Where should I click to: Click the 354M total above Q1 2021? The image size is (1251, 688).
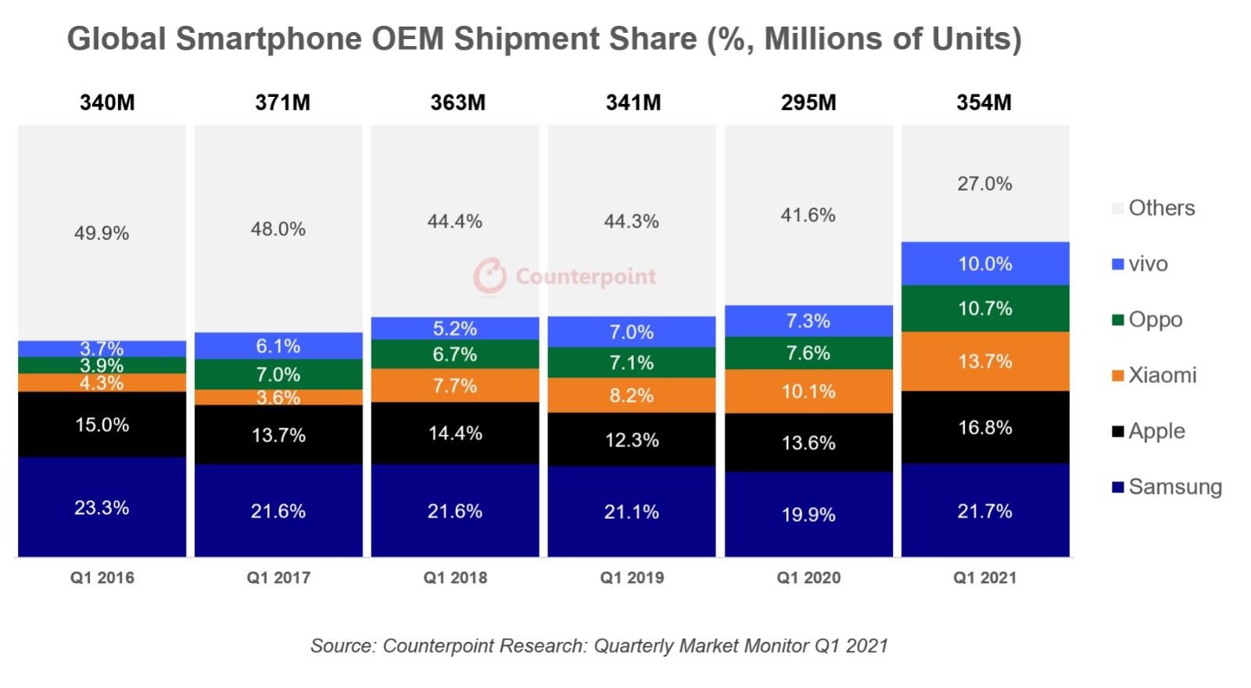(x=984, y=102)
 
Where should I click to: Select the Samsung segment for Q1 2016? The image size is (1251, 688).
(x=102, y=507)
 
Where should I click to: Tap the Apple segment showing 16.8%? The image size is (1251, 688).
(x=985, y=427)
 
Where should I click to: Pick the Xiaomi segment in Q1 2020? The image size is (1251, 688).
(x=808, y=391)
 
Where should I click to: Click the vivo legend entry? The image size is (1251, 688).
(x=1147, y=264)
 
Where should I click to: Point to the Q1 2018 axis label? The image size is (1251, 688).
(x=455, y=578)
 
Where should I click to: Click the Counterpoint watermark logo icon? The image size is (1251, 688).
(x=490, y=276)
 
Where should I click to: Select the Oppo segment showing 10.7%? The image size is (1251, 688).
(x=985, y=308)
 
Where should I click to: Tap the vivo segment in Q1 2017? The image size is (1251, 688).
(x=278, y=346)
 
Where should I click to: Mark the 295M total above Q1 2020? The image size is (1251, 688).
(x=808, y=102)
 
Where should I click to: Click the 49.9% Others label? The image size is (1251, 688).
(x=102, y=233)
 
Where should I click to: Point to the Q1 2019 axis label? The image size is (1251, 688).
(x=632, y=578)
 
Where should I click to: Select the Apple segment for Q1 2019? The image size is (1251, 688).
(x=632, y=439)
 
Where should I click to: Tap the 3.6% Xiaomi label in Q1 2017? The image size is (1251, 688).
(x=278, y=397)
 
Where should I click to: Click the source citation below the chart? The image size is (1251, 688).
(x=599, y=646)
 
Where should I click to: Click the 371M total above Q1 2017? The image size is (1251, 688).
(x=282, y=102)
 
